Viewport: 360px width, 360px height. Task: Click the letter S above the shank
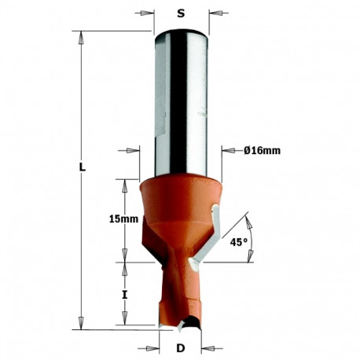click(x=181, y=13)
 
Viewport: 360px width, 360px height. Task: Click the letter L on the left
click(x=83, y=167)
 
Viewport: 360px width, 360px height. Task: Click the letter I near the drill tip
click(x=124, y=295)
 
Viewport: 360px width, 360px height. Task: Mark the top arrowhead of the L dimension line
click(x=82, y=36)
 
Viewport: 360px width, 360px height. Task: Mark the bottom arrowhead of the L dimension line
click(x=82, y=325)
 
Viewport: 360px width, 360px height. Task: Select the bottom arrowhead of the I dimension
click(x=123, y=322)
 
